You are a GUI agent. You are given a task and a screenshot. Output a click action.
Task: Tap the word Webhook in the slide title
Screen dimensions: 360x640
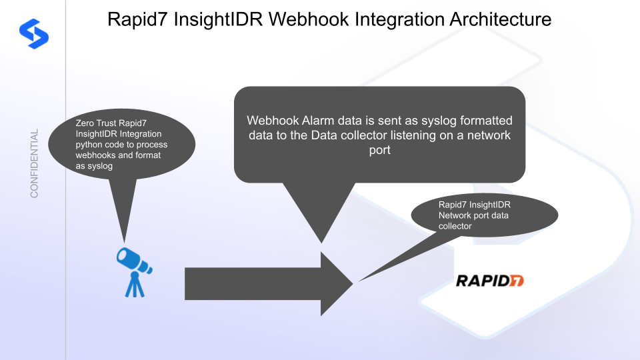click(x=299, y=19)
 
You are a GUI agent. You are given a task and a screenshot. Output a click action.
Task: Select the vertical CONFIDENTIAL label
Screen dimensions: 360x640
click(x=35, y=163)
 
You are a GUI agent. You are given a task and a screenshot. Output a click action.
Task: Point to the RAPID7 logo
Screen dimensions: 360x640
click(x=489, y=280)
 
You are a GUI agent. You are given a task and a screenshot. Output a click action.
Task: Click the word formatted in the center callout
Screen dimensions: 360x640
click(x=482, y=121)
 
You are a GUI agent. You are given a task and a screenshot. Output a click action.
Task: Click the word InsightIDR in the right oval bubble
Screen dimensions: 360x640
click(x=487, y=204)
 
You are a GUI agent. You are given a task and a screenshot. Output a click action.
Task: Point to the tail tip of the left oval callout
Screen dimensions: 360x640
click(x=123, y=241)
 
